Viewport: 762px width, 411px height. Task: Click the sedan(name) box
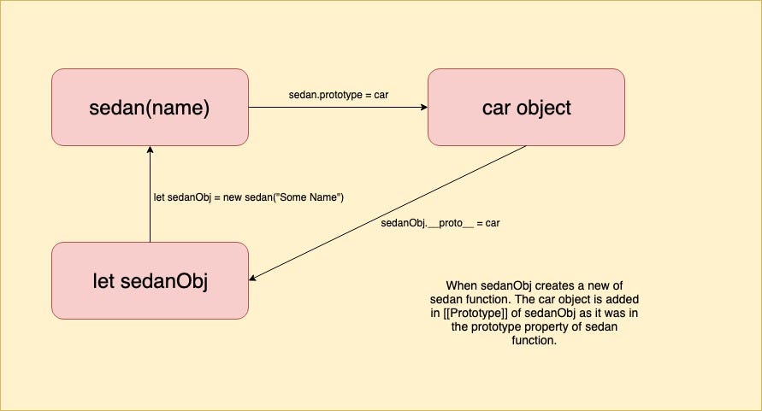[150, 108]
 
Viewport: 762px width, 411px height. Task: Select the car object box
[526, 108]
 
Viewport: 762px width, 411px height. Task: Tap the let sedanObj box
[150, 280]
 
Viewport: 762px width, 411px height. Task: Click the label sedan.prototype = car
[339, 94]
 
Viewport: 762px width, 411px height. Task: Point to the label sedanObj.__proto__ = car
[440, 224]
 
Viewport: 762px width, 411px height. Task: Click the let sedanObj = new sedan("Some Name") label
[248, 198]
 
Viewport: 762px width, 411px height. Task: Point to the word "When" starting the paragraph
[461, 285]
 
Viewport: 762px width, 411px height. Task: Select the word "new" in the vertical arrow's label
[236, 198]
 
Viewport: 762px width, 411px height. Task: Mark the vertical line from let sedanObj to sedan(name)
[150, 205]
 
